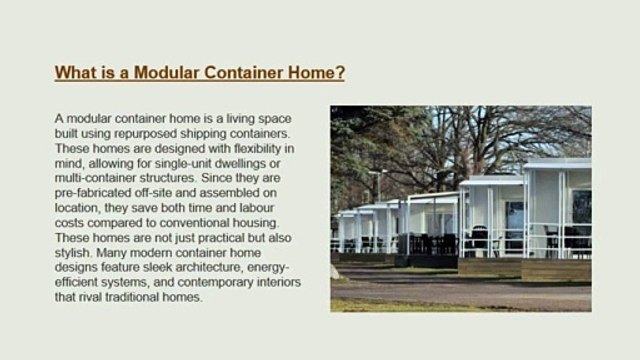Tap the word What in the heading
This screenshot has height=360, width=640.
76,73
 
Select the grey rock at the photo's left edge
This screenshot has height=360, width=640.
335,271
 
